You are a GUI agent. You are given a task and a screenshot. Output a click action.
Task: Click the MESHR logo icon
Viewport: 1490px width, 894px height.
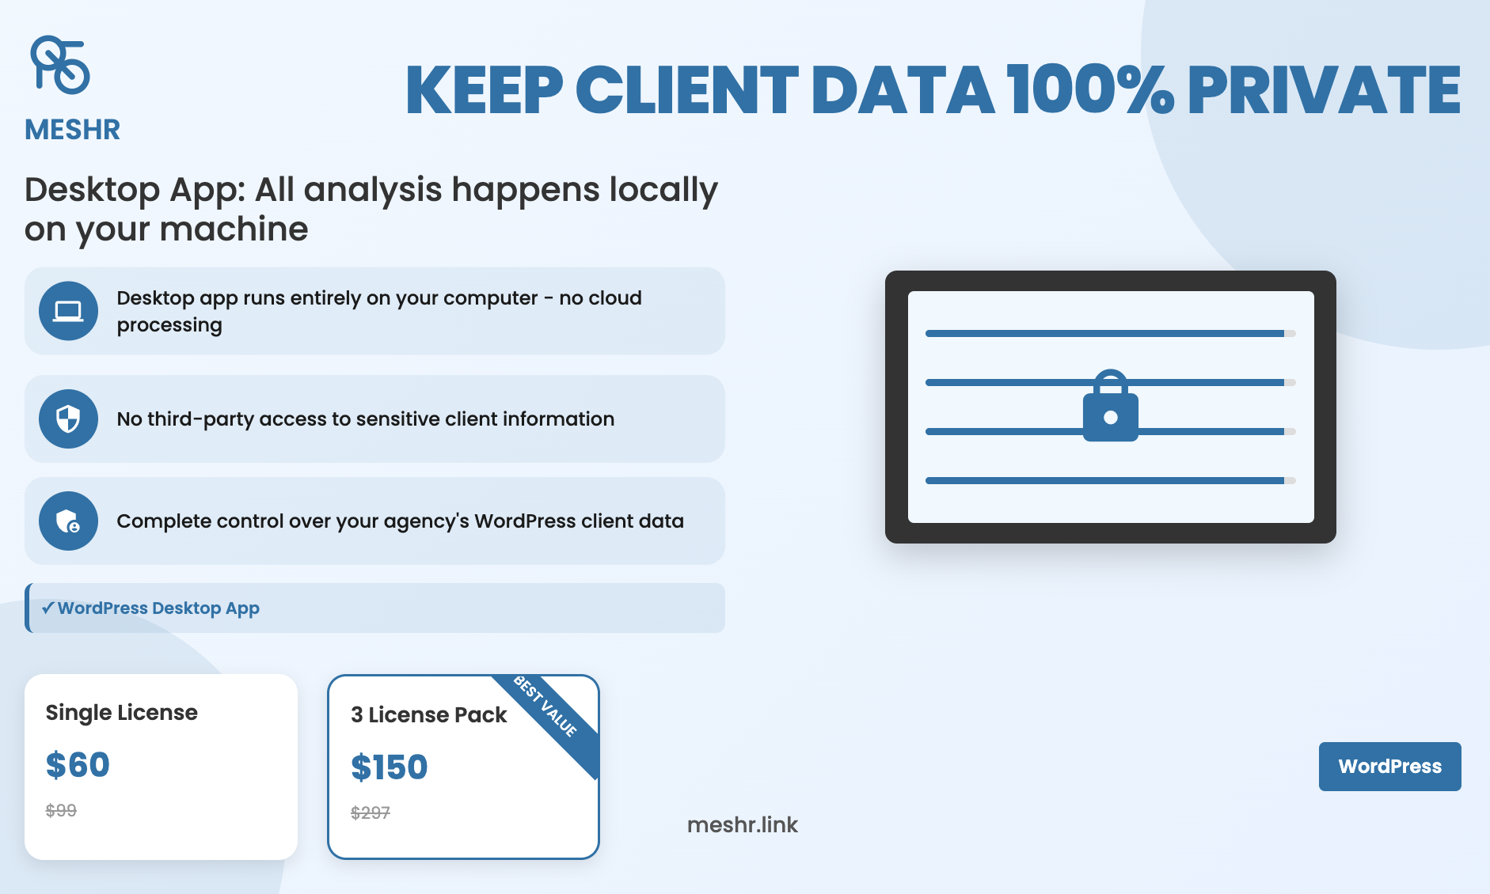tap(59, 65)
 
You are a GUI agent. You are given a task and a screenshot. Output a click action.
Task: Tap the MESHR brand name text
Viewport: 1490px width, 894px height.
tap(72, 130)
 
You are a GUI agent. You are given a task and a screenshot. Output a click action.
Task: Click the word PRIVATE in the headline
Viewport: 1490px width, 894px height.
tap(1324, 90)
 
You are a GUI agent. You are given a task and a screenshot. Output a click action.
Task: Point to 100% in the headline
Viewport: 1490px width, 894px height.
tap(1091, 89)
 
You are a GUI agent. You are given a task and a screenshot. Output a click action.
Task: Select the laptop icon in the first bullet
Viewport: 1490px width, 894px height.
tap(68, 311)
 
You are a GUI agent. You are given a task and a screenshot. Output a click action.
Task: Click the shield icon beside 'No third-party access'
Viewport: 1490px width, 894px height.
tap(68, 419)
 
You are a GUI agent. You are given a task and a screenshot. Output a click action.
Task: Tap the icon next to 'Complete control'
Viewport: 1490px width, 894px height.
tap(68, 521)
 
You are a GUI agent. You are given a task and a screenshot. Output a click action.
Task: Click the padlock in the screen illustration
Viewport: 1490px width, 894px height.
tap(1111, 406)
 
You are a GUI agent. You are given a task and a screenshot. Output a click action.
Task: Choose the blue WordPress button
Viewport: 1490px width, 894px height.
tap(1389, 766)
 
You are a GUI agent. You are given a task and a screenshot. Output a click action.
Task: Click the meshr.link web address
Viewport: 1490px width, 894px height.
tap(743, 825)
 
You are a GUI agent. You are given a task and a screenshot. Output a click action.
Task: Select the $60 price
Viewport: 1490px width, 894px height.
tap(78, 765)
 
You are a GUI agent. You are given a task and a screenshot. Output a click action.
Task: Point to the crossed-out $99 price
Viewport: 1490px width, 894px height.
tap(61, 810)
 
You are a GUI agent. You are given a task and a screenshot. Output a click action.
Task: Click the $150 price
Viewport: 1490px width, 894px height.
tap(389, 767)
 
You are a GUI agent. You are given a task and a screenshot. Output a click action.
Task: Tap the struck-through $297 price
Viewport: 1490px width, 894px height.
tap(371, 813)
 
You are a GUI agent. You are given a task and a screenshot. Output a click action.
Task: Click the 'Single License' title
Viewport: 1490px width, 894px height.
tap(122, 713)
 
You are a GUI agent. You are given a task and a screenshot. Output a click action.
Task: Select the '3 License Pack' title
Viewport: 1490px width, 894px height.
tap(428, 715)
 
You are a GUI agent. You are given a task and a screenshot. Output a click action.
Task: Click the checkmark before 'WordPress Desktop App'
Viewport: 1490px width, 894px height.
tap(48, 608)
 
